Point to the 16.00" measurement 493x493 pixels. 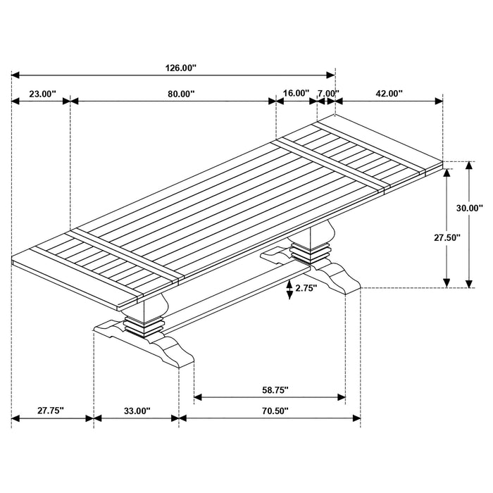(296, 93)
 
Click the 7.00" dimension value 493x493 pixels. (327, 93)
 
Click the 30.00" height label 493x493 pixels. (468, 208)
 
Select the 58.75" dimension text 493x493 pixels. (270, 389)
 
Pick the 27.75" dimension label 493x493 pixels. (51, 411)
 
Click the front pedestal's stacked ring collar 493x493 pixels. (144, 325)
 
